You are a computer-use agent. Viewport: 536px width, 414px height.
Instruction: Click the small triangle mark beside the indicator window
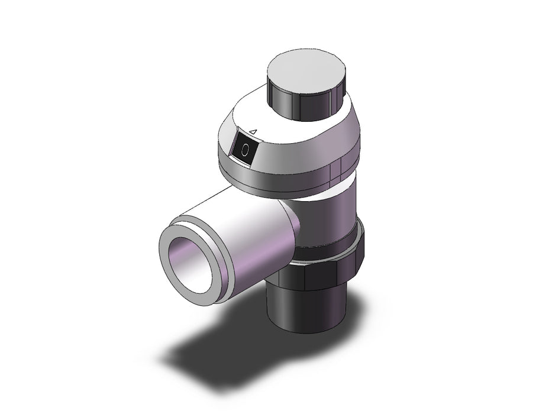click(253, 131)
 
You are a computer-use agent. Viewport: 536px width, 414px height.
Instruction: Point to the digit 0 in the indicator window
click(245, 150)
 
